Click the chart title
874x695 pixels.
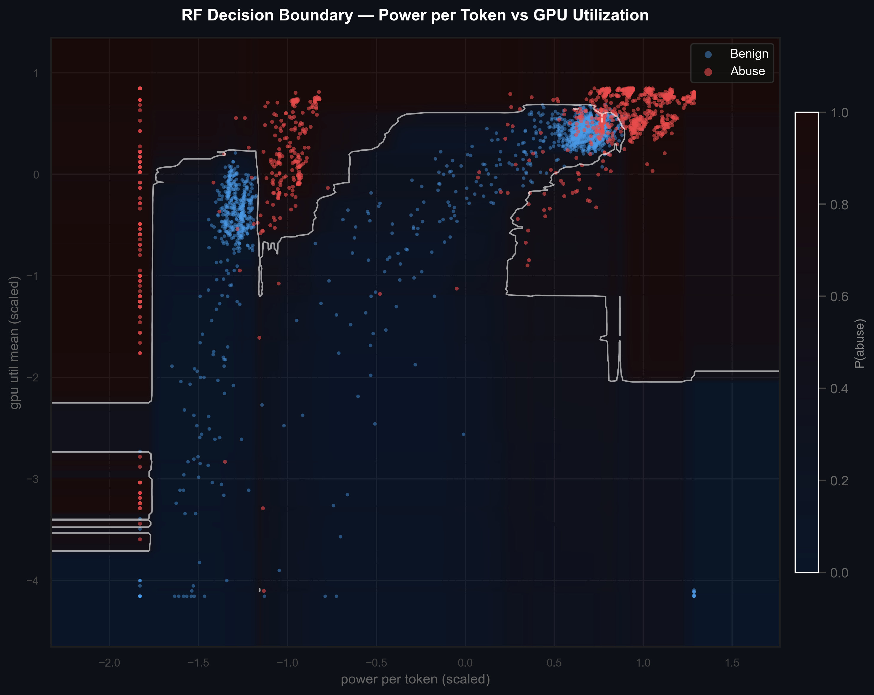[x=415, y=15]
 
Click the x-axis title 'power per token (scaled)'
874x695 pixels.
[x=415, y=680]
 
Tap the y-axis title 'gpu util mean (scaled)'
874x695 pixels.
[x=15, y=342]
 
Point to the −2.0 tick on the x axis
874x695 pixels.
[x=109, y=663]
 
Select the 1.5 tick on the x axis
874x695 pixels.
[x=732, y=663]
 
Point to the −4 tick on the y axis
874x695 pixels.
[x=33, y=581]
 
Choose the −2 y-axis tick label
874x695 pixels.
[x=33, y=378]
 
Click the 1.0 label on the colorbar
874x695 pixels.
[x=839, y=113]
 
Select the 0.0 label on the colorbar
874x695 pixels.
[x=839, y=573]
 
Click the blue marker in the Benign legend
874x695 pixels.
[x=708, y=54]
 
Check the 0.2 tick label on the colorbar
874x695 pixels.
[x=839, y=481]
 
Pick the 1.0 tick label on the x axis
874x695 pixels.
[x=643, y=663]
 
